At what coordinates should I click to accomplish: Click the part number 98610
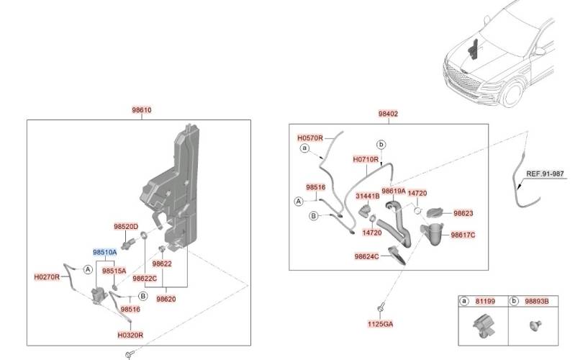point(141,110)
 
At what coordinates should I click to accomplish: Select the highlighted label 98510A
point(104,252)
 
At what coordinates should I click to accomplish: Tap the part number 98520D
point(125,226)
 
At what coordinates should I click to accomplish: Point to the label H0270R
point(48,276)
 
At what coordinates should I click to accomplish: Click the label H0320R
point(130,335)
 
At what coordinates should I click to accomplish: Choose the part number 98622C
point(145,279)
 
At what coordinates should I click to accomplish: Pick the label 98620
point(167,299)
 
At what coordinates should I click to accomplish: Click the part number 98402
point(388,114)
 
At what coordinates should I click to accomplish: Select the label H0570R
point(310,137)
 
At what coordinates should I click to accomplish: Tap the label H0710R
point(366,159)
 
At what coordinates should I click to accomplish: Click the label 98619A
point(394,191)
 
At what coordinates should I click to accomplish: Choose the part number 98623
point(463,214)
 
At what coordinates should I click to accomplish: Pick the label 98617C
point(463,235)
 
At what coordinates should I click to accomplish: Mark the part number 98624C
point(366,256)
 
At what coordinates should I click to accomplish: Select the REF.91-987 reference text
point(545,174)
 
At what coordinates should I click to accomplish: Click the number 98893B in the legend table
point(536,301)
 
